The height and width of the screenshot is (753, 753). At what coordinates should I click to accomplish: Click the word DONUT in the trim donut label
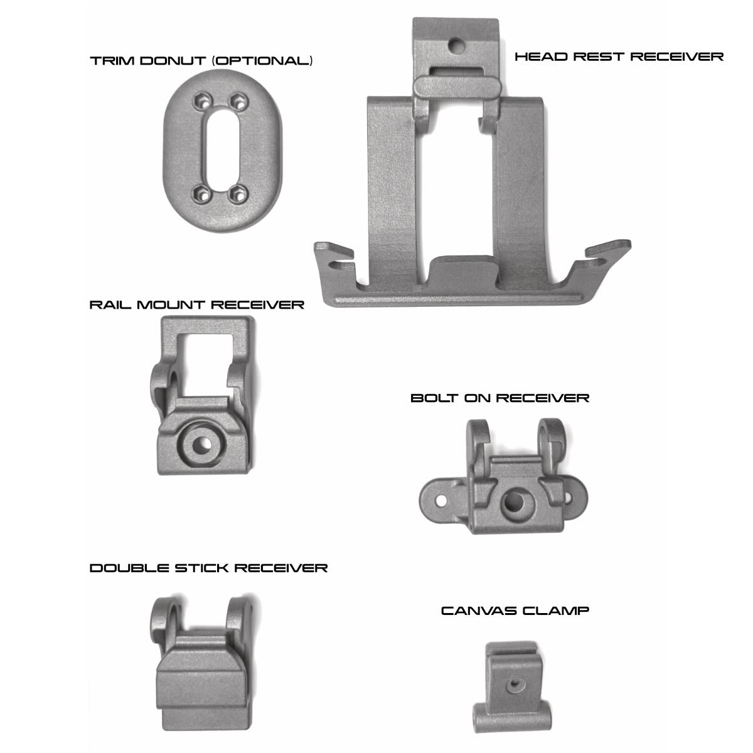[173, 61]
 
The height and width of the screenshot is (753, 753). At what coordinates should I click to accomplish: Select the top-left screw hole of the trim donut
[203, 102]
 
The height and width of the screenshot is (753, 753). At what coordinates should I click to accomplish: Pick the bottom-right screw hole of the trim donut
[238, 194]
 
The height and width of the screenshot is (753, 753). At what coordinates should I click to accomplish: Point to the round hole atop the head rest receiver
[456, 46]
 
